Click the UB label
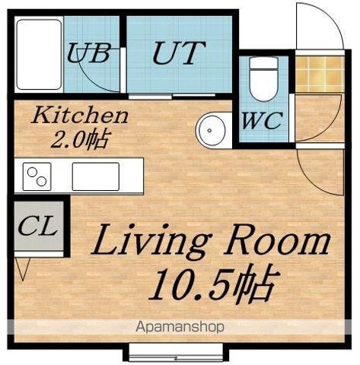(x=89, y=53)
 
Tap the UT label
(x=179, y=52)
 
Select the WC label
(x=263, y=120)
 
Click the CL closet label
(x=37, y=225)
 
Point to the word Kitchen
(x=79, y=116)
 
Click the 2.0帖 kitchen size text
(x=81, y=138)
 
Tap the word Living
(x=151, y=240)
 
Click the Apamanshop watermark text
(x=180, y=327)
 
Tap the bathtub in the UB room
(x=39, y=55)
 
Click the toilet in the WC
(x=264, y=79)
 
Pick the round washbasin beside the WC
(x=210, y=130)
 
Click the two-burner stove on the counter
(x=37, y=176)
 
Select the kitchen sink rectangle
(x=96, y=176)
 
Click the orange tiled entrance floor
(x=320, y=74)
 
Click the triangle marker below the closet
(x=23, y=269)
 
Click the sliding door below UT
(x=172, y=96)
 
